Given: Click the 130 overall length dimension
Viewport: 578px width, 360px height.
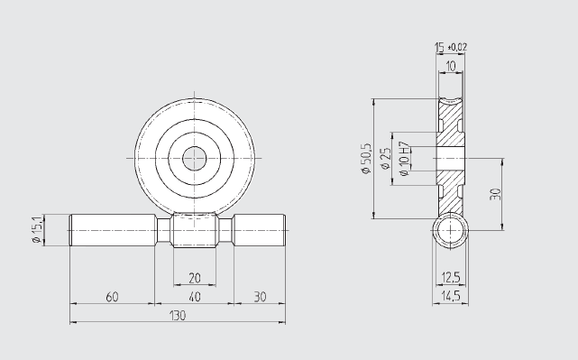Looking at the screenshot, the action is click(x=178, y=316).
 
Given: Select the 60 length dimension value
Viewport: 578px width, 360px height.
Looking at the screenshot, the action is click(x=112, y=297).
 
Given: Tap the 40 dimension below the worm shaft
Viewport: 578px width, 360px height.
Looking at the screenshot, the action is click(x=194, y=297).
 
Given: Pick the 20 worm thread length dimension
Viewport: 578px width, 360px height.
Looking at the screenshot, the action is click(x=194, y=278).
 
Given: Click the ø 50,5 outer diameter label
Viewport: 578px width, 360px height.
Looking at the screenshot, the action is click(x=366, y=158).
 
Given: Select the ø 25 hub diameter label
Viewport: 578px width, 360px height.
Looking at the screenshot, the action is click(x=385, y=159).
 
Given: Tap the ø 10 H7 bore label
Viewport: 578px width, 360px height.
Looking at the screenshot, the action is click(x=404, y=159).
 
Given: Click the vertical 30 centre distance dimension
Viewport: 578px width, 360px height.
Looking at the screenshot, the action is click(x=495, y=194).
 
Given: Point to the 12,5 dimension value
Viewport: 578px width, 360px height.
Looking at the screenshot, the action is click(x=451, y=277).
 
